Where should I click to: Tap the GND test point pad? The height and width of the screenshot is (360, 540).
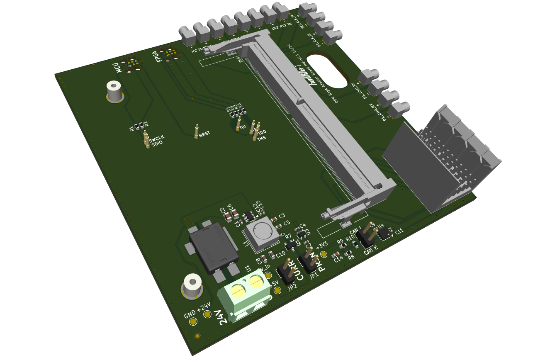(193, 322)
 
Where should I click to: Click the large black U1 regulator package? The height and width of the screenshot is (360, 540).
(213, 248)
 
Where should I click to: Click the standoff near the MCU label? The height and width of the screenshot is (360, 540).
(114, 92)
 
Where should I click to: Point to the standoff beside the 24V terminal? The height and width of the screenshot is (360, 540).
(191, 287)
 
